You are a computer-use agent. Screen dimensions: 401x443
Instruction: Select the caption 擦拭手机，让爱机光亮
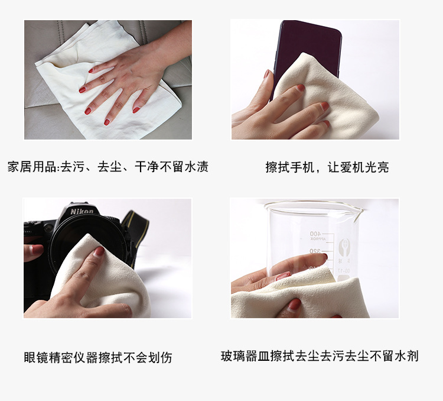(327, 167)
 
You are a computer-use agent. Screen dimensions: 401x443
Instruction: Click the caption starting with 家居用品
(108, 167)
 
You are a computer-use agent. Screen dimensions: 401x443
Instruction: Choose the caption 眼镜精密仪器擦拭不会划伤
(98, 357)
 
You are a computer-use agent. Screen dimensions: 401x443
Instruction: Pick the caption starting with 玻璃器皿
(320, 356)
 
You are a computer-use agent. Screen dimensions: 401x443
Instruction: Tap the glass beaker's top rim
(313, 205)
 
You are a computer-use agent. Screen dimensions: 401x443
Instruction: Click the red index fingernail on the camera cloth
(99, 252)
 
